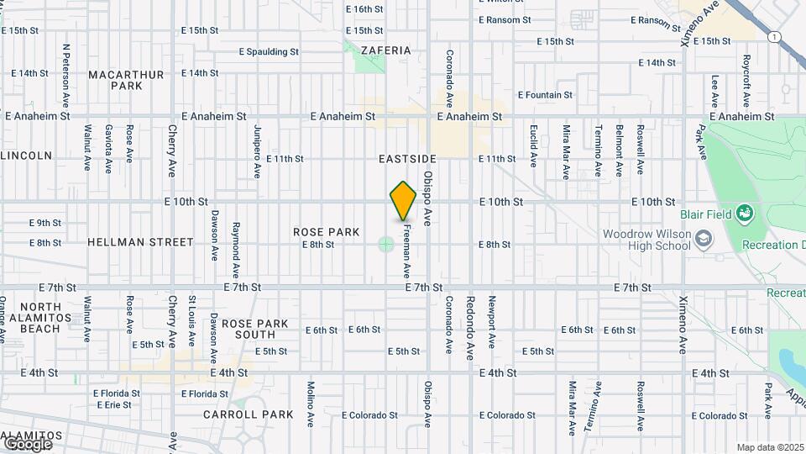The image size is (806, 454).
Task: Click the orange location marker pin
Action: (x=403, y=201)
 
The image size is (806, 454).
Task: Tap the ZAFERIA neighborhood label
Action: (x=386, y=50)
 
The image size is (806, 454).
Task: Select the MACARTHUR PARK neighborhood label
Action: (x=126, y=80)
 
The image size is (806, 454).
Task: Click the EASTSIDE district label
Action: (x=407, y=159)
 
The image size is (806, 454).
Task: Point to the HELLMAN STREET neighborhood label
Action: (x=140, y=242)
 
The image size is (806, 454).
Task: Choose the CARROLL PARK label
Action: (x=249, y=414)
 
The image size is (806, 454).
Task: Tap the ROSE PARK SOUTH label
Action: (x=254, y=330)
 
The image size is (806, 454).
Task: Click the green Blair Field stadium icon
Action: (x=744, y=214)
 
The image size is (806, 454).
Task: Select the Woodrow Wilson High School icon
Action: (x=704, y=242)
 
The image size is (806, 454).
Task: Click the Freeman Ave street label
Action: (x=406, y=250)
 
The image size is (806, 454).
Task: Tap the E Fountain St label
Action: (x=545, y=95)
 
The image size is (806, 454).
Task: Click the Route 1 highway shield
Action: (x=773, y=36)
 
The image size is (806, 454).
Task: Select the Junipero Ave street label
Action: (x=256, y=151)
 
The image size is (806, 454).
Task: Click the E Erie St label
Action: (x=113, y=404)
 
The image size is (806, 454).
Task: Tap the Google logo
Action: (x=27, y=443)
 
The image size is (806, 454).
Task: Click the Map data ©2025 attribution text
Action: (x=769, y=447)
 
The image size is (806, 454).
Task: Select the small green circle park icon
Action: (x=385, y=245)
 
